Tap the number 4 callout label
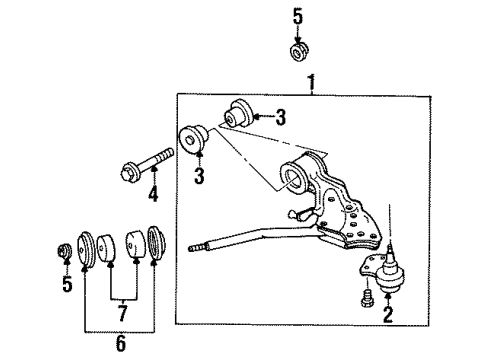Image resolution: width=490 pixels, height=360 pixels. tap(153, 193)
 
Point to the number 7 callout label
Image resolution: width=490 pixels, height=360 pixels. tap(121, 313)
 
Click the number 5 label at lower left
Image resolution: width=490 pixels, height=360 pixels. tap(67, 286)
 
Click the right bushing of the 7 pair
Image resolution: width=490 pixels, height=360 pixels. tap(134, 245)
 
